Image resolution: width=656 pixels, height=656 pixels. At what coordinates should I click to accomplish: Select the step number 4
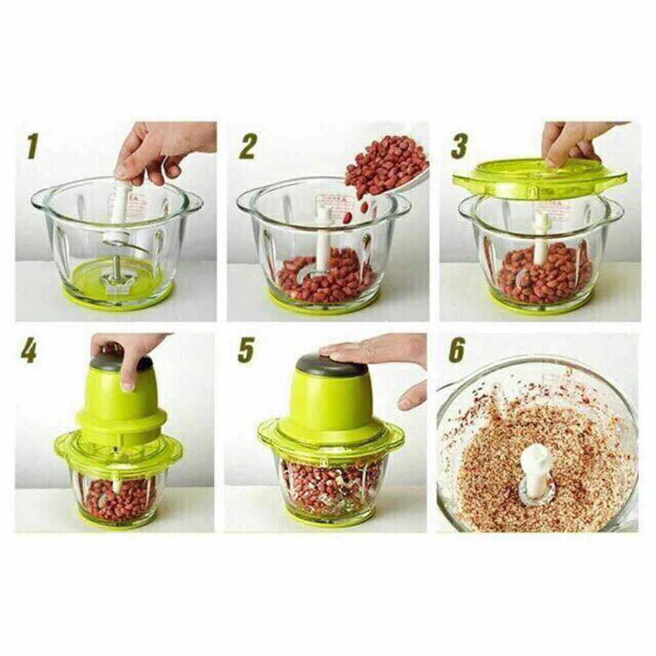(x=28, y=352)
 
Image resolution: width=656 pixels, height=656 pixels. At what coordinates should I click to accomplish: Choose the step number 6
(x=457, y=352)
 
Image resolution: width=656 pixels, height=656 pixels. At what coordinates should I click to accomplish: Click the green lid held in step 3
(x=539, y=177)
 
